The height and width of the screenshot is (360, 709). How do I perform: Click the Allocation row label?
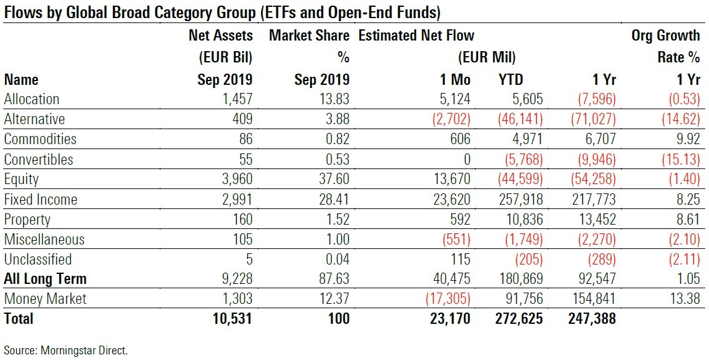pyautogui.click(x=32, y=99)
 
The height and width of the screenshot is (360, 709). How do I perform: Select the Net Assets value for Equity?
pyautogui.click(x=235, y=180)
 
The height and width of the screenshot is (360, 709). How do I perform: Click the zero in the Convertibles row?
pyautogui.click(x=467, y=159)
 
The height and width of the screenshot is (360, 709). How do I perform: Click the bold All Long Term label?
pyautogui.click(x=45, y=279)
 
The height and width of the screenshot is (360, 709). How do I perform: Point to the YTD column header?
pyautogui.click(x=511, y=80)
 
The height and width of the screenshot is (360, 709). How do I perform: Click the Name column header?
pyautogui.click(x=21, y=80)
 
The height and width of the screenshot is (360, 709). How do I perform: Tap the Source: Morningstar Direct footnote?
pyautogui.click(x=66, y=351)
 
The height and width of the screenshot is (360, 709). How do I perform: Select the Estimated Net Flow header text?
pyautogui.click(x=416, y=36)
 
